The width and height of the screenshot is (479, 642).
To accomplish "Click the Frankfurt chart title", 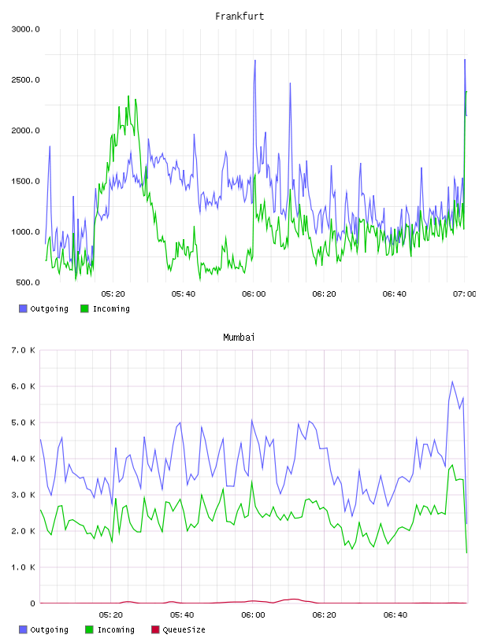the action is [239, 17].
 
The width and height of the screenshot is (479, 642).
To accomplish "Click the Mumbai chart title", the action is [239, 338].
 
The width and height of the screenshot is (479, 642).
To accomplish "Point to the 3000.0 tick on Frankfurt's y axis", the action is [25, 29].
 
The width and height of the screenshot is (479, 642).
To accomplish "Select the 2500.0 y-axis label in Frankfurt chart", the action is [25, 79].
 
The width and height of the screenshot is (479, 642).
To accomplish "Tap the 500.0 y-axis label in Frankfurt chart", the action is [28, 282].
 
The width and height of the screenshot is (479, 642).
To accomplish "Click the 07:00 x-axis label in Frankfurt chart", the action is [465, 294].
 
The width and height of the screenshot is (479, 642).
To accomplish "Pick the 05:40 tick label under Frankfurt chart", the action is [184, 294].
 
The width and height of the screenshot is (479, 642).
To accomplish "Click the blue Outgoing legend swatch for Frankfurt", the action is [23, 308].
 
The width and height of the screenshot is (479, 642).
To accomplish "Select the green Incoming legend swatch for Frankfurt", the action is [84, 308].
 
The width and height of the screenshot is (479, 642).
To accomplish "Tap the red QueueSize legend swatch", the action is [155, 629].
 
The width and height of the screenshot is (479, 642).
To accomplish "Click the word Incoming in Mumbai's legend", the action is [116, 629].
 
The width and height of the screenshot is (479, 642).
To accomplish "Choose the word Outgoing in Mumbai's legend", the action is [49, 629].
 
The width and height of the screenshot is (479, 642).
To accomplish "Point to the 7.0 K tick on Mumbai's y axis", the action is [24, 350].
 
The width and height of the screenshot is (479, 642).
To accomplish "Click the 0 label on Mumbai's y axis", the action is [33, 603].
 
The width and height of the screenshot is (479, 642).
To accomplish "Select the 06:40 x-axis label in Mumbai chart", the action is [395, 615].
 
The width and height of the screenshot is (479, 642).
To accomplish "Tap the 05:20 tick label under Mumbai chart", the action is [111, 615].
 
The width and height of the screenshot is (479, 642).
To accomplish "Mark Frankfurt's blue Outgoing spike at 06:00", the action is [255, 60].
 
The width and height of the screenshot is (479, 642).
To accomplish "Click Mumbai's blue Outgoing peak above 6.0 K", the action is [452, 382].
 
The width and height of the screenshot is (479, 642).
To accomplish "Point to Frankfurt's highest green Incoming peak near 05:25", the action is [128, 96].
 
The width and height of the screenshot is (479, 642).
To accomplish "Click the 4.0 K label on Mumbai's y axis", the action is [24, 459].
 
